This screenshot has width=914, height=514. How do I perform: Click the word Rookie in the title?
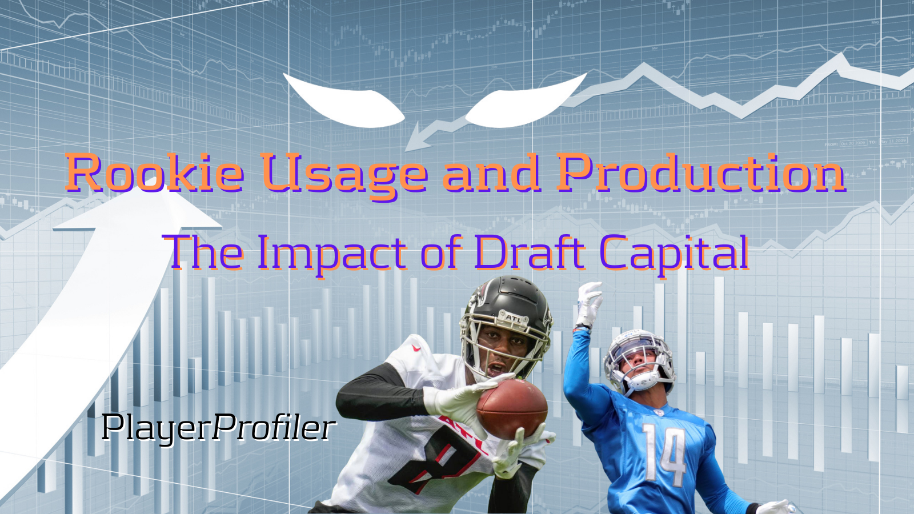coord(155,172)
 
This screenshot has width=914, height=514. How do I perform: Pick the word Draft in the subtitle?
coord(529,252)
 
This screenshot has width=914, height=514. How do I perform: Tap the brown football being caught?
coord(512,408)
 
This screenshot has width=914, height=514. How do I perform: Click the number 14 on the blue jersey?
coord(663,454)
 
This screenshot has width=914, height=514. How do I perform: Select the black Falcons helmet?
coord(506,322)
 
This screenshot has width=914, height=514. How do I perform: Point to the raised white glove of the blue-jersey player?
coord(589,304)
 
